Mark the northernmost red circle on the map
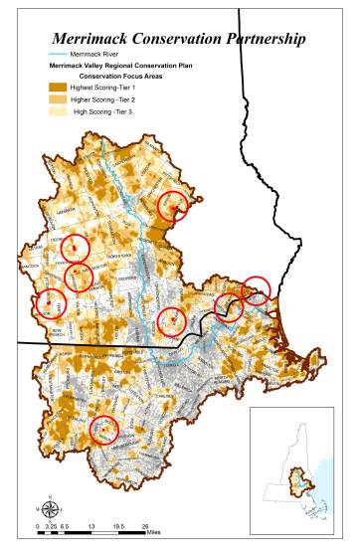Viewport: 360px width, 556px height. point(174,206)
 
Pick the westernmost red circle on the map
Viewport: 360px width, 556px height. point(48,303)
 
